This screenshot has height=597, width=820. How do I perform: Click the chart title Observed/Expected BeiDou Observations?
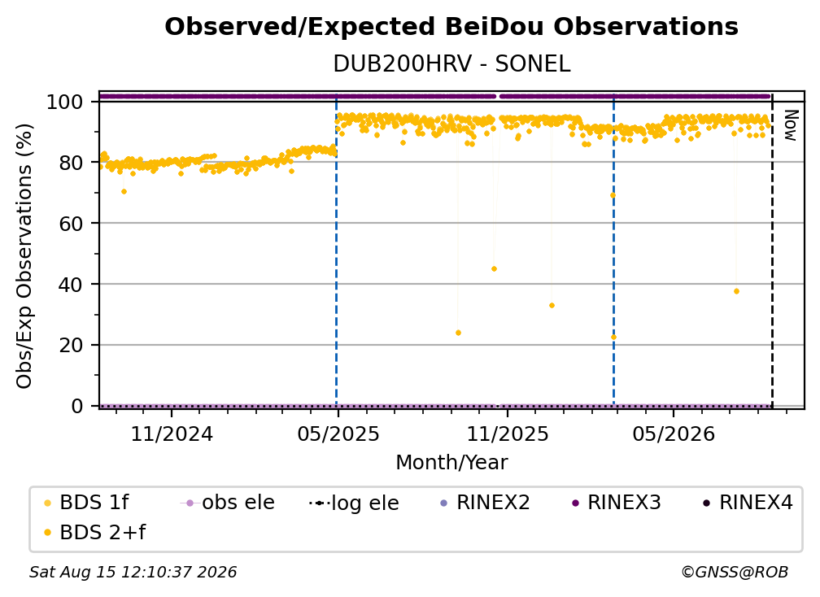pyautogui.click(x=451, y=27)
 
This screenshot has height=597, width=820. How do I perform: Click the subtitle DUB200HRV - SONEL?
pyautogui.click(x=451, y=64)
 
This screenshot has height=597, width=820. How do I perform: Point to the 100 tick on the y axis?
pyautogui.click(x=64, y=102)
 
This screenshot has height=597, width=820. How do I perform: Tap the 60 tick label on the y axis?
pyautogui.click(x=71, y=224)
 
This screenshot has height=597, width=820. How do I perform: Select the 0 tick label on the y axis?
pyautogui.click(x=76, y=406)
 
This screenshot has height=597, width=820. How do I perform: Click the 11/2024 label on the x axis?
pyautogui.click(x=172, y=434)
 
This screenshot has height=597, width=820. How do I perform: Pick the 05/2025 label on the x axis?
pyautogui.click(x=338, y=434)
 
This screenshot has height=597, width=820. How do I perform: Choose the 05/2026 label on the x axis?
pyautogui.click(x=673, y=434)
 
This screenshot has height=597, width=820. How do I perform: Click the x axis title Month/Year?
pyautogui.click(x=451, y=462)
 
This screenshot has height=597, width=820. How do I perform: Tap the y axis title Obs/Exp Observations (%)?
pyautogui.click(x=24, y=256)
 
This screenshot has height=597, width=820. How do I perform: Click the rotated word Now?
pyautogui.click(x=791, y=125)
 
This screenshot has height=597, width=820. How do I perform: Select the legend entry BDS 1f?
pyautogui.click(x=86, y=503)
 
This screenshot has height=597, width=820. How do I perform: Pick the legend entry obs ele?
pyautogui.click(x=227, y=503)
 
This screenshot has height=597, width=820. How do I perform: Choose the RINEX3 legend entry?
pyautogui.click(x=617, y=503)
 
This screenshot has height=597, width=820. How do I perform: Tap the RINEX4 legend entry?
pyautogui.click(x=748, y=503)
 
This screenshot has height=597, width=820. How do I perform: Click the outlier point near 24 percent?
pyautogui.click(x=458, y=333)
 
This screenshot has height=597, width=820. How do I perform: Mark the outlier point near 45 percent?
pyautogui.click(x=495, y=268)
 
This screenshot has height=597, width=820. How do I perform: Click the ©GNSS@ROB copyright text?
pyautogui.click(x=735, y=573)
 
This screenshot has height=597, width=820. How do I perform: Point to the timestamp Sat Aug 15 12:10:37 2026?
pyautogui.click(x=133, y=573)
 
